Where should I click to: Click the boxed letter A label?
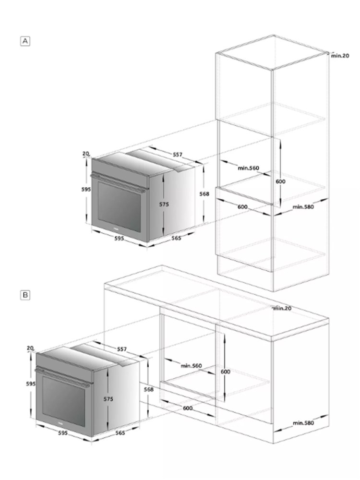[x=25, y=41]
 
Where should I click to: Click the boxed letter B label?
[x=25, y=295]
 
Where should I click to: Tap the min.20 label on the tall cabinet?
[x=340, y=56]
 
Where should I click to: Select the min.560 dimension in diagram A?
[x=248, y=168]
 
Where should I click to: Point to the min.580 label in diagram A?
[x=303, y=207]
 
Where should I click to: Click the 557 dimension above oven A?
[x=178, y=155]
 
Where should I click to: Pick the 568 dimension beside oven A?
[x=204, y=194]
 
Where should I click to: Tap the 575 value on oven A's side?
[x=164, y=204]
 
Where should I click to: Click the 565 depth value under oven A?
[x=176, y=238]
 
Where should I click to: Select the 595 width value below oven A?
[x=119, y=238]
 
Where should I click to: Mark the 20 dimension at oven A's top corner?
[x=86, y=154]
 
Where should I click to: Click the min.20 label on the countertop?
[x=282, y=308]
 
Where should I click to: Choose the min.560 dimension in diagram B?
[x=191, y=366]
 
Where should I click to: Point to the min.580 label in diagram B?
[x=303, y=423]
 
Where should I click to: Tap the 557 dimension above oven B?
[x=122, y=349]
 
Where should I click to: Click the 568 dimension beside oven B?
[x=148, y=389]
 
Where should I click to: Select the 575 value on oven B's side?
[x=108, y=399]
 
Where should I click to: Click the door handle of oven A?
[x=118, y=183]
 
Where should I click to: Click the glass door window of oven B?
[x=64, y=402]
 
